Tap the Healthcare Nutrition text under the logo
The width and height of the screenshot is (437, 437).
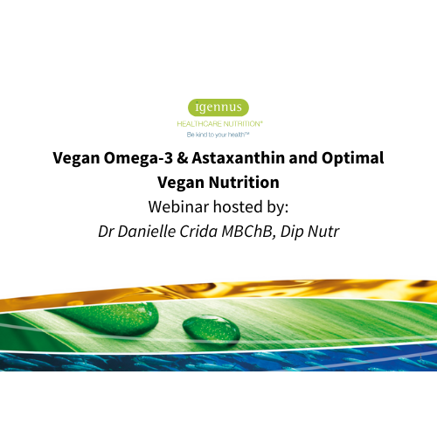point(218,125)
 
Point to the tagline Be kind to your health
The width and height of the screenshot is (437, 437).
point(218,135)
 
